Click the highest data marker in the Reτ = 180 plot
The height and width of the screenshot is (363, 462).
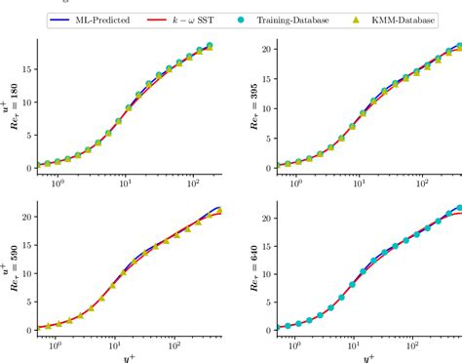coord(210,46)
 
